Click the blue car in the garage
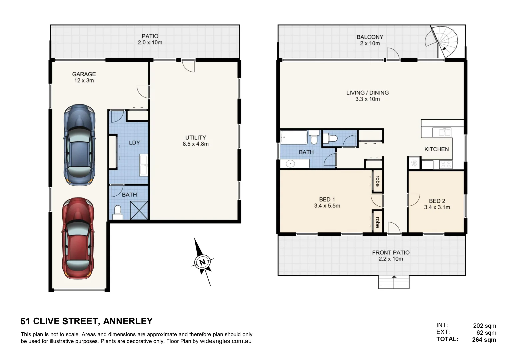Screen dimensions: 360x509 (79, 145)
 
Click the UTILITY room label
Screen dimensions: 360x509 (195, 137)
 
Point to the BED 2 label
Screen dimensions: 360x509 (437, 201)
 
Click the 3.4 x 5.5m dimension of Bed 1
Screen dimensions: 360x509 (327, 206)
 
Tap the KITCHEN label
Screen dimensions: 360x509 (436, 149)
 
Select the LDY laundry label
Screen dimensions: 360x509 (134, 143)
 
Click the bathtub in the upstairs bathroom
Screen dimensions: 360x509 (294, 137)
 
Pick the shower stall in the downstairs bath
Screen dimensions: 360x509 (139, 210)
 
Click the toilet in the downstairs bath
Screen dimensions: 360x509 (117, 212)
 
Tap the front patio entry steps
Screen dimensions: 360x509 (393, 282)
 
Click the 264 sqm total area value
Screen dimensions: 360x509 (484, 340)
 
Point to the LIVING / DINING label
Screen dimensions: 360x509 (367, 93)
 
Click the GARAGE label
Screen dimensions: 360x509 (84, 74)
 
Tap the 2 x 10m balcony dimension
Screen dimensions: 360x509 (370, 43)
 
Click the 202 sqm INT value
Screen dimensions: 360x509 (484, 326)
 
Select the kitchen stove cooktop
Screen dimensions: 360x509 (446, 164)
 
